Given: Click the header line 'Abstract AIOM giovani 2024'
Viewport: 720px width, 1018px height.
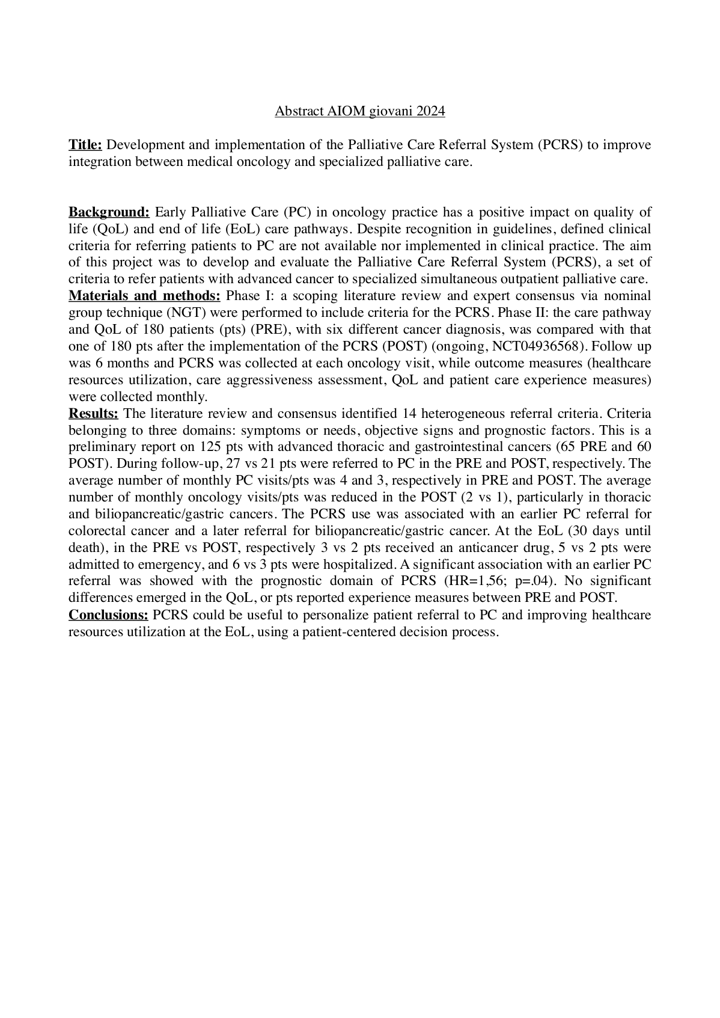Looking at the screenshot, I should pos(359,111).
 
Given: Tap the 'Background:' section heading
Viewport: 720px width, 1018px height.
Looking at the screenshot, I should pos(109,212).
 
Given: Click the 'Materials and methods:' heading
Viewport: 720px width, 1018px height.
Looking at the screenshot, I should pos(145,296).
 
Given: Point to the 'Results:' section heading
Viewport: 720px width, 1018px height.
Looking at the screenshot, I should pos(94,414).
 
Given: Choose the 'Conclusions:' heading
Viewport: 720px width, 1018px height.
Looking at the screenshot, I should pos(108,615).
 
